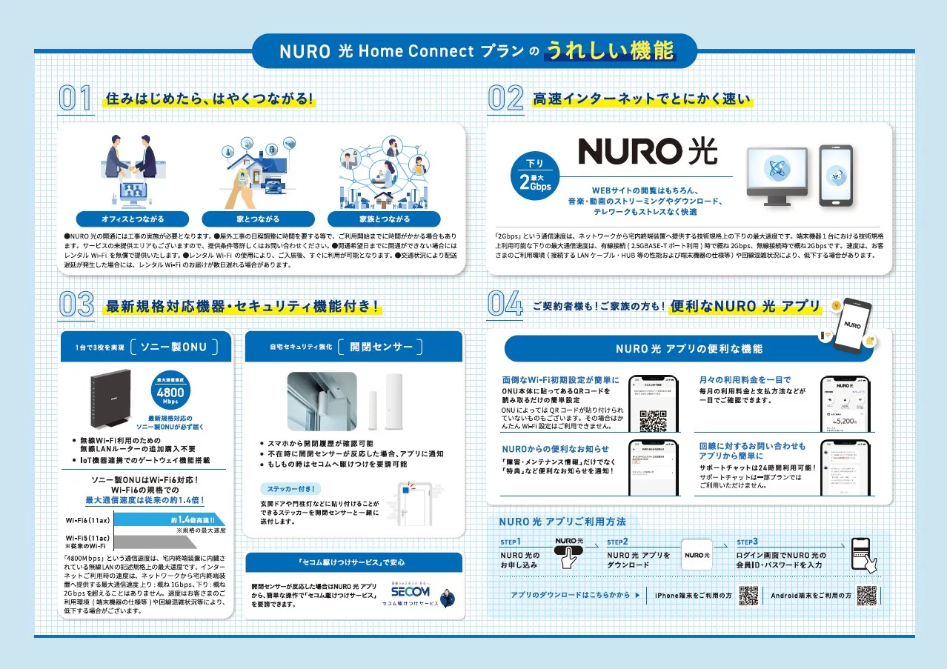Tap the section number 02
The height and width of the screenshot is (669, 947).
pos(505,100)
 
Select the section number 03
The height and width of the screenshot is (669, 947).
pos(76,305)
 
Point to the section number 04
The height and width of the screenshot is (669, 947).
pos(505,305)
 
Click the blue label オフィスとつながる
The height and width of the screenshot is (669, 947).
pos(133,219)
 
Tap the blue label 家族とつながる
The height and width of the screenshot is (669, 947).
pos(384,219)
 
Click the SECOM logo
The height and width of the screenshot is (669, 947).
pos(410,592)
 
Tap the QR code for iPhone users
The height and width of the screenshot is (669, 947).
pos(749,595)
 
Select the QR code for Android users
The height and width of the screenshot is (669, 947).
pos(867,595)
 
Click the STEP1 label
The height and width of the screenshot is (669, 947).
pos(511,542)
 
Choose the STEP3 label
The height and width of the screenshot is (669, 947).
pos(747,542)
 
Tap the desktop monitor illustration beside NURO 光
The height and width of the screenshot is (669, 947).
pos(777,175)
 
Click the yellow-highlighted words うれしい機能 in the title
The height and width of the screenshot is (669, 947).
pos(610,50)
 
